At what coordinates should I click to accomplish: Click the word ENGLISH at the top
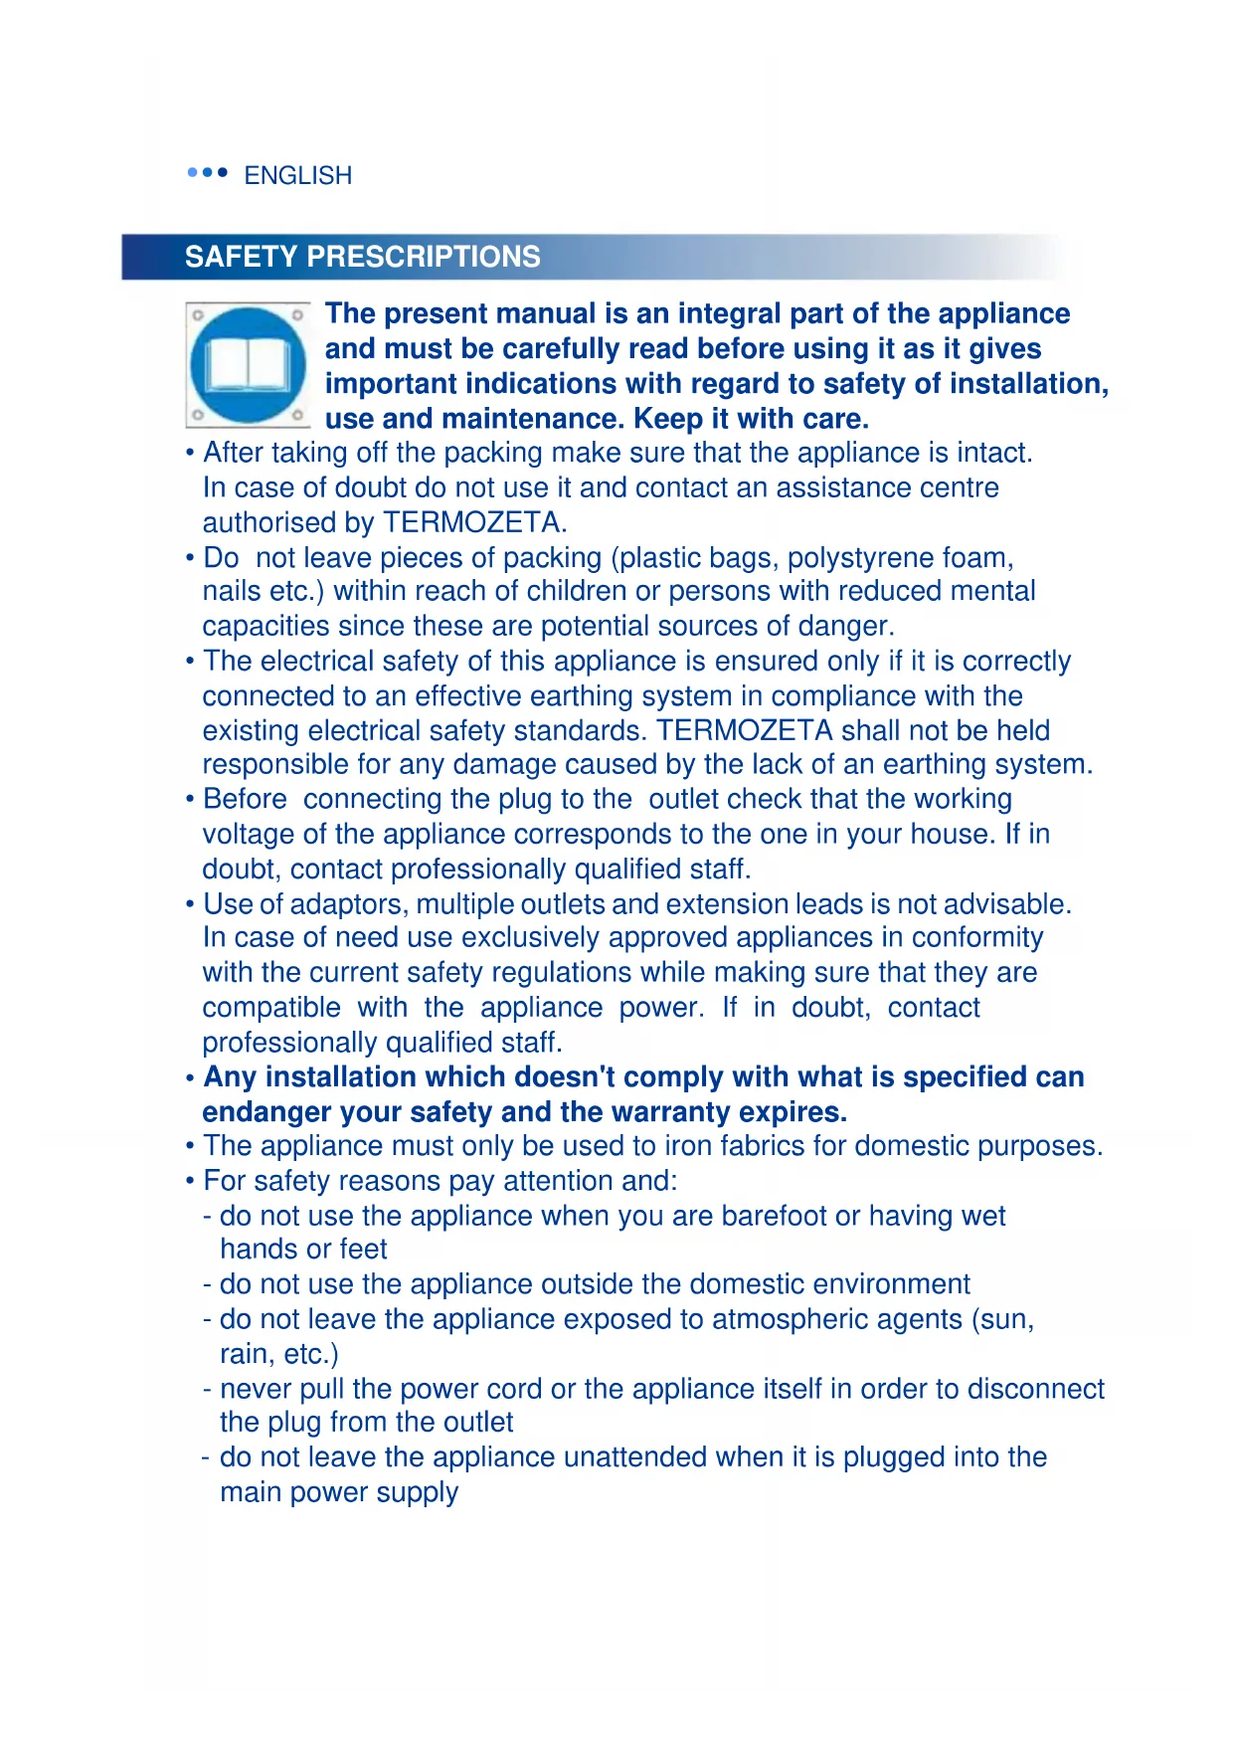[297, 176]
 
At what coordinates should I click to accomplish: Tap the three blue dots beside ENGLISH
[208, 173]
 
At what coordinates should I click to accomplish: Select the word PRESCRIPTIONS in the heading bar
[424, 257]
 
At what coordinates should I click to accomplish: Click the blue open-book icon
[248, 365]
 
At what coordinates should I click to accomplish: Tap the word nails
[231, 592]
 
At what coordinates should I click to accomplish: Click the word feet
[362, 1250]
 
